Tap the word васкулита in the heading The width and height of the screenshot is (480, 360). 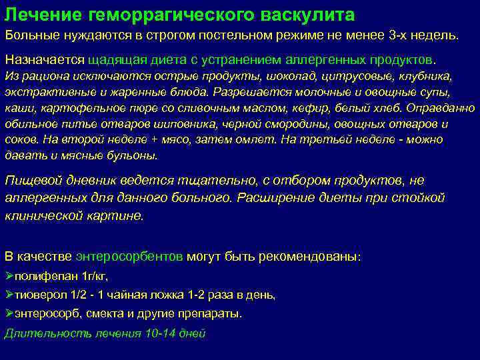click(311, 15)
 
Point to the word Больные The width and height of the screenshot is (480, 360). click(29, 34)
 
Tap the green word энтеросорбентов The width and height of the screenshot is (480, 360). click(130, 256)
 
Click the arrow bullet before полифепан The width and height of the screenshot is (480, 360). click(9, 275)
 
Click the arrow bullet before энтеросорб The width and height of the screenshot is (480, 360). click(9, 313)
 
